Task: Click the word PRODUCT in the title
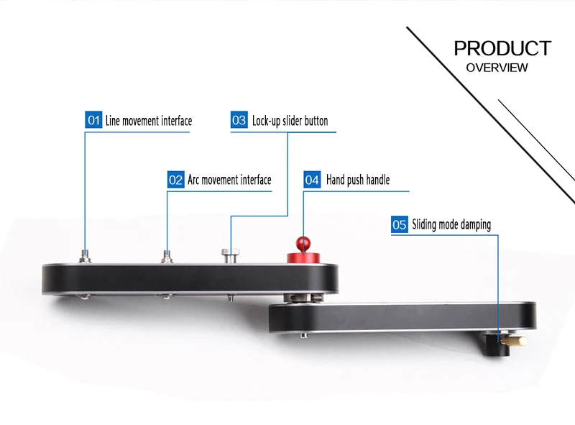point(502,48)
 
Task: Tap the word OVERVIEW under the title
point(497,68)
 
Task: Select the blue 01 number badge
point(93,120)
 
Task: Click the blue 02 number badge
point(175,179)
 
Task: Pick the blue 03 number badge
point(239,120)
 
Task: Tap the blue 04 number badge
point(312,179)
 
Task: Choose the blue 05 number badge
point(400,224)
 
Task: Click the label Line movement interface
point(149,120)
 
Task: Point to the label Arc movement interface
point(229,179)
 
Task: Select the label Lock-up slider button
point(290,120)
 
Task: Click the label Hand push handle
point(358,179)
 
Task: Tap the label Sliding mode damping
point(451,224)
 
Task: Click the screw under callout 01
point(86,254)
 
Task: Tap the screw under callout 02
point(167,255)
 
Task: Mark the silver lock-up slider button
point(230,253)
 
